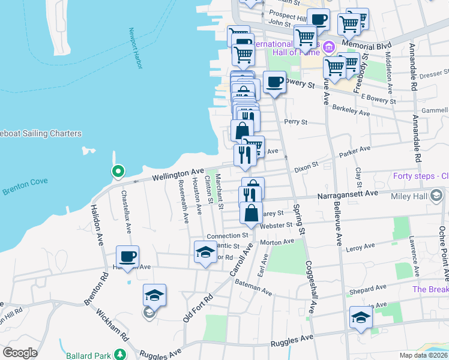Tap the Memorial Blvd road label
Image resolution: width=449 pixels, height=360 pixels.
point(367,46)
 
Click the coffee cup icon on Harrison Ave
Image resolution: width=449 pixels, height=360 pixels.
point(127,256)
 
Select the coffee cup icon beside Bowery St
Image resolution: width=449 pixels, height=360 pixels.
point(274,82)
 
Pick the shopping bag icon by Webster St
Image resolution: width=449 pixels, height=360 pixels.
point(251,212)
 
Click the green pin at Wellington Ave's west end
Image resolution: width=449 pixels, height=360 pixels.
point(118,172)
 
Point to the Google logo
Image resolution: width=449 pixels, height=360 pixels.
point(20,353)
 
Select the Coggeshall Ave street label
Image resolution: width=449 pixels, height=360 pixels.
point(311,287)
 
